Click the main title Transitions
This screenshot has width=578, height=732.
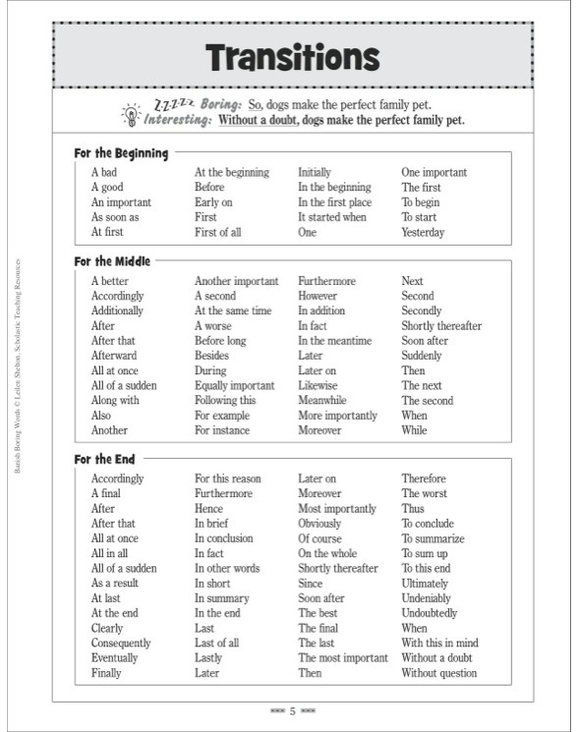coord(292,58)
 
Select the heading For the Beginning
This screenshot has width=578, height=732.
coord(121,153)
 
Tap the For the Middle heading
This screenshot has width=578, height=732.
coord(112,261)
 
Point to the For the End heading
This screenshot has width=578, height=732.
coord(105,459)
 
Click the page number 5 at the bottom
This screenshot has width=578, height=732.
coord(292,709)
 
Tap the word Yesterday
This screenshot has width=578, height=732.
coord(423,233)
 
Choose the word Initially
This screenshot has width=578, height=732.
coord(315,172)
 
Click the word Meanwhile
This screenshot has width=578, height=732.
coord(322,400)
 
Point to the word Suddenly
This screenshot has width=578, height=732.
coord(421,356)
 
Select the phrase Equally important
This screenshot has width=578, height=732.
coord(234,385)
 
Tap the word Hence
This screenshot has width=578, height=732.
coord(208,509)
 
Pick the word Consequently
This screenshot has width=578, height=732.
coord(122,644)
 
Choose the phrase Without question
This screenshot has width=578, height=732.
coord(438,673)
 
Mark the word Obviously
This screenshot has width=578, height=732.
coord(320,524)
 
